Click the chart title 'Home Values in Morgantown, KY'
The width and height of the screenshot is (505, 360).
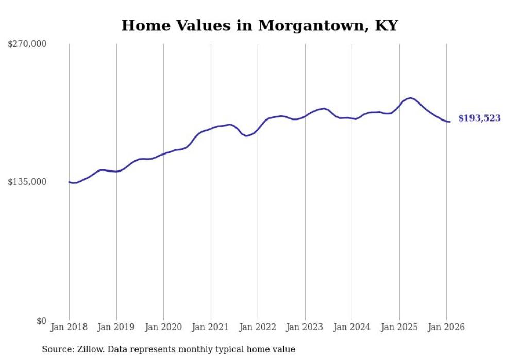(x=259, y=25)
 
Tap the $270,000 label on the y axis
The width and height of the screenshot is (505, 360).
(x=27, y=44)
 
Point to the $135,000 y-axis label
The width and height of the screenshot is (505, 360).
(x=27, y=182)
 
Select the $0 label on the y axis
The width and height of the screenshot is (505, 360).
(x=41, y=321)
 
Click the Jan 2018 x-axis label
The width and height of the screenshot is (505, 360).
(x=69, y=327)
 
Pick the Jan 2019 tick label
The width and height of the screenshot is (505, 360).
(x=116, y=327)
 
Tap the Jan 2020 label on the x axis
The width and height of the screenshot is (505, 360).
(x=163, y=327)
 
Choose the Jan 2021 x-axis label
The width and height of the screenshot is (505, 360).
(x=211, y=327)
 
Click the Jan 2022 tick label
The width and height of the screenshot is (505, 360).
(x=258, y=327)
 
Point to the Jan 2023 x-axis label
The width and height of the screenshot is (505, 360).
(x=305, y=327)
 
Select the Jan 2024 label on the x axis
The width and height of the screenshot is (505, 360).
(x=352, y=327)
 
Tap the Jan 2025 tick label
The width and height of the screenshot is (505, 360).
(x=399, y=327)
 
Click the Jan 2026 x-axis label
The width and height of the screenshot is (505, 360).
(x=446, y=327)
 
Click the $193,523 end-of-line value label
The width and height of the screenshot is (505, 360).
(x=479, y=118)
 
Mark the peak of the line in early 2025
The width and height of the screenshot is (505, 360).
(x=410, y=98)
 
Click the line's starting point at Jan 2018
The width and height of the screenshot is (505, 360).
(x=69, y=182)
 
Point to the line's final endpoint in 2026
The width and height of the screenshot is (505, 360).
(x=450, y=122)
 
